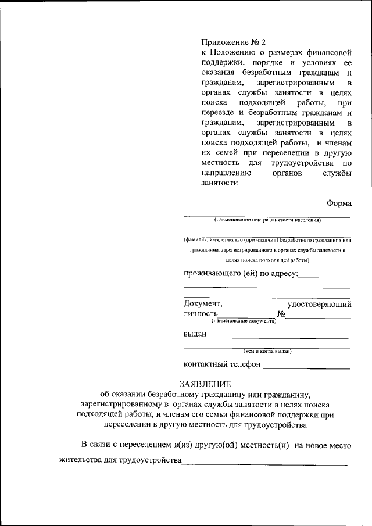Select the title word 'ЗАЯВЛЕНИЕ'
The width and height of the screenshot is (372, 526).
point(205,384)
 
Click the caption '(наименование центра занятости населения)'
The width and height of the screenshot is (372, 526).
point(267,220)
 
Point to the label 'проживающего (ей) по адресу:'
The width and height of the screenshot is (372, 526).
point(241,273)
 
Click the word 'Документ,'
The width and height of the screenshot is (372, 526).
point(203,303)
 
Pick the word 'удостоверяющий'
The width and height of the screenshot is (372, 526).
point(319,303)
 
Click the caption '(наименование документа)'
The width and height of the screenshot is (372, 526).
point(243,321)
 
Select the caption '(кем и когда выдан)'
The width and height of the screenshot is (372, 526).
point(267,350)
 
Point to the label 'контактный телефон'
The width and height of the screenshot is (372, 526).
point(221,364)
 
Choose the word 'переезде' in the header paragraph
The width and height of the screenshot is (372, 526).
point(224,112)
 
